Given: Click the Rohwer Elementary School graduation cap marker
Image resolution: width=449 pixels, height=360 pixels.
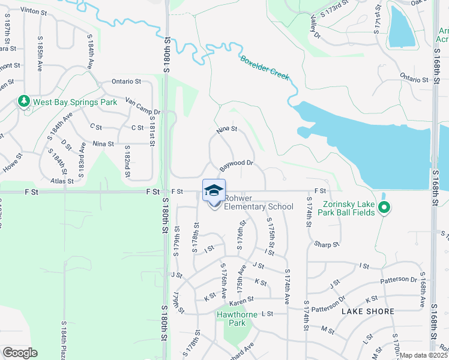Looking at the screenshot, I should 214,191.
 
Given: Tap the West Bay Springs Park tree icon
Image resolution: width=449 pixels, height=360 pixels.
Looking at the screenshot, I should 24,101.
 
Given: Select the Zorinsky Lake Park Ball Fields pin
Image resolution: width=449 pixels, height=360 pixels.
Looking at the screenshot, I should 385,209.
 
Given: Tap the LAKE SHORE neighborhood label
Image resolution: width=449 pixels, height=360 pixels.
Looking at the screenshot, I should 368,311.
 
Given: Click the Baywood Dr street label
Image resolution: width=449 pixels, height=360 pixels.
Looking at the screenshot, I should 237,163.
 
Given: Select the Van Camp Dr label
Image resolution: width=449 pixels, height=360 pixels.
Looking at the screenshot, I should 143,106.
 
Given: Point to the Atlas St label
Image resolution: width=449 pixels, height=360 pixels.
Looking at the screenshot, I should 62,180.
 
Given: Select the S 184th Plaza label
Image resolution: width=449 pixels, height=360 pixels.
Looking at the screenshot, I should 65,339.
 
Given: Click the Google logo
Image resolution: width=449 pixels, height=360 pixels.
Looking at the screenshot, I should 20,353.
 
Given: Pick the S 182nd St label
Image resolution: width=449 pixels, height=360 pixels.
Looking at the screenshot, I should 128,160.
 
